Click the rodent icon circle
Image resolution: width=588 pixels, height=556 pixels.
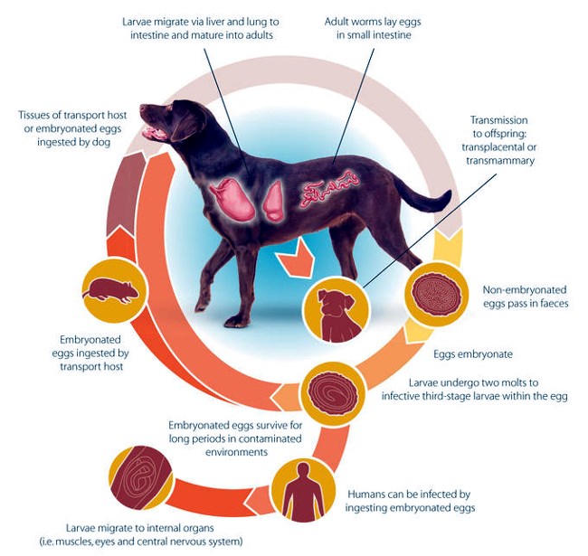tap(114, 291)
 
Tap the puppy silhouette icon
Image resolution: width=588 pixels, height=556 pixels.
tap(337, 311)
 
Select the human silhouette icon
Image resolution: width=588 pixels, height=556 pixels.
tap(303, 491)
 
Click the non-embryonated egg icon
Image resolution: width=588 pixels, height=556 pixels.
tap(437, 293)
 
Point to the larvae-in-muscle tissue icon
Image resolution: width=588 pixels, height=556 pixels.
tap(140, 477)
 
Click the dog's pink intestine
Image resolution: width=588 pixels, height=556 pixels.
tap(329, 189)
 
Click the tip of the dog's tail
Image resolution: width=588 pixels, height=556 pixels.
tap(450, 193)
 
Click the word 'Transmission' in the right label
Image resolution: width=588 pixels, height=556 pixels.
tap(498, 120)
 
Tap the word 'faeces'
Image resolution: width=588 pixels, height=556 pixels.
tap(550, 303)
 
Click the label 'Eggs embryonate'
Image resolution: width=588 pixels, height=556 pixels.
tap(473, 354)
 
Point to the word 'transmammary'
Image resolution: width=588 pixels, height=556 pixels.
tap(500, 161)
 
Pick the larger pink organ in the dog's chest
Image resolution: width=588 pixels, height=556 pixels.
tap(232, 198)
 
